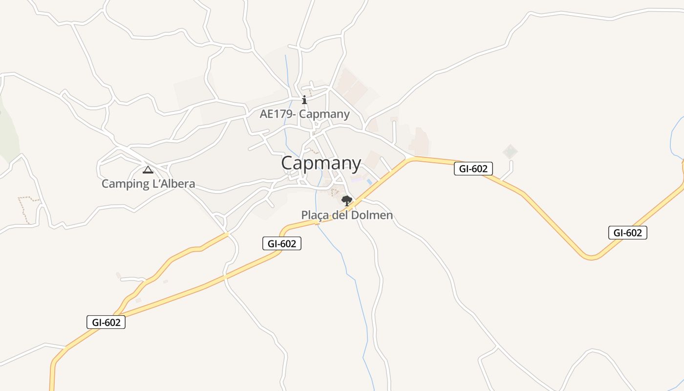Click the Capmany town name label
[x=321, y=163]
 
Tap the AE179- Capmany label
[x=304, y=114]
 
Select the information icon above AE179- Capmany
[x=304, y=100]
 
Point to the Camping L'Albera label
[x=148, y=184]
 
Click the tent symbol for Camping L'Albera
[x=148, y=170]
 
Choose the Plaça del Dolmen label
[x=347, y=215]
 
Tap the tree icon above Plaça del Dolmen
[x=347, y=200]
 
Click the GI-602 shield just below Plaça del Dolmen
[x=282, y=243]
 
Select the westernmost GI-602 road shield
[x=106, y=323]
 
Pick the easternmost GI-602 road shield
[x=627, y=233]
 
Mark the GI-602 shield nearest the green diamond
[x=473, y=169]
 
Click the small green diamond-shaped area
[x=510, y=152]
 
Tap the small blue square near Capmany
[x=369, y=182]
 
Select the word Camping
[x=125, y=184]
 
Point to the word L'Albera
[x=173, y=184]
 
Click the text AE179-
[x=278, y=114]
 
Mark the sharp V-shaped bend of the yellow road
[x=591, y=257]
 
